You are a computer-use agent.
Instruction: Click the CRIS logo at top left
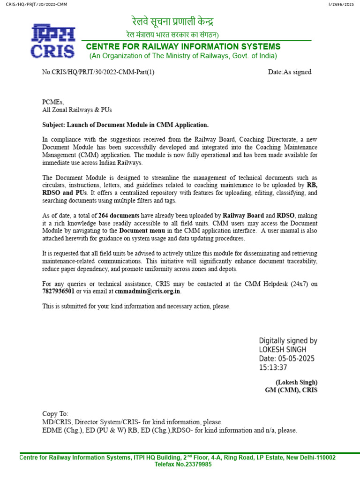click(x=53, y=41)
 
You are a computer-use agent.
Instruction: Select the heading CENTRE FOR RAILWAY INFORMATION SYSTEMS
click(x=183, y=46)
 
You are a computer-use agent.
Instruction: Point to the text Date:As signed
click(x=289, y=72)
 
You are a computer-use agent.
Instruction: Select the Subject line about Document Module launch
click(x=125, y=125)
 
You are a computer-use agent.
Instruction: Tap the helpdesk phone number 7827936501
click(x=58, y=291)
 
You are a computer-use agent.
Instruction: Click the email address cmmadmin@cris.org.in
click(x=148, y=291)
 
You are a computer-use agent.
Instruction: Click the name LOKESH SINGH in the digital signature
click(x=283, y=350)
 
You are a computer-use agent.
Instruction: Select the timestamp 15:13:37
click(x=273, y=367)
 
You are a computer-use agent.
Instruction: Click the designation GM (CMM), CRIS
click(x=291, y=390)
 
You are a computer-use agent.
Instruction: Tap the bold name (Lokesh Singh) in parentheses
click(x=296, y=382)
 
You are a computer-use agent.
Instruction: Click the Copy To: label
click(x=55, y=414)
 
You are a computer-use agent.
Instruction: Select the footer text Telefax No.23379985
click(x=183, y=465)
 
